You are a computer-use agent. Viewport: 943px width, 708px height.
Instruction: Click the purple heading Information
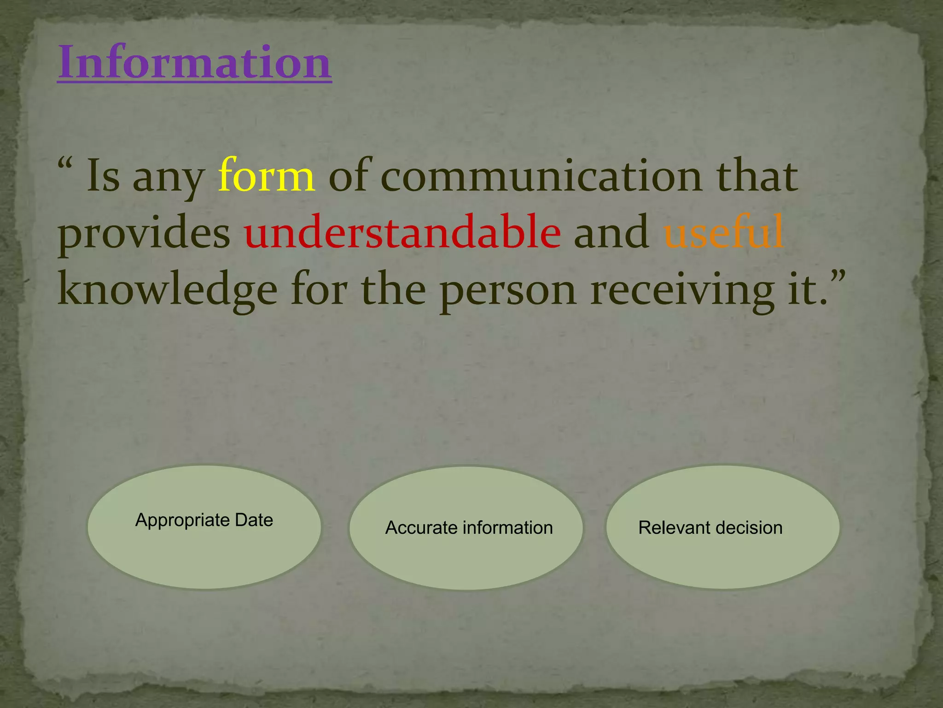[x=194, y=62]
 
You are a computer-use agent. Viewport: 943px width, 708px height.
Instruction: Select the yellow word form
[x=267, y=176]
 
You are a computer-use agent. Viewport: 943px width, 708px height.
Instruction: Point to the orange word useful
[x=723, y=232]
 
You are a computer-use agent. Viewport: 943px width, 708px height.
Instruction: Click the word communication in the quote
[x=541, y=176]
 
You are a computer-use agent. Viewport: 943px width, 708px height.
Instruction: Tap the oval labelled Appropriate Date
[x=204, y=549]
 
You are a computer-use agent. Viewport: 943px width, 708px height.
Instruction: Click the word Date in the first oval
[x=254, y=520]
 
